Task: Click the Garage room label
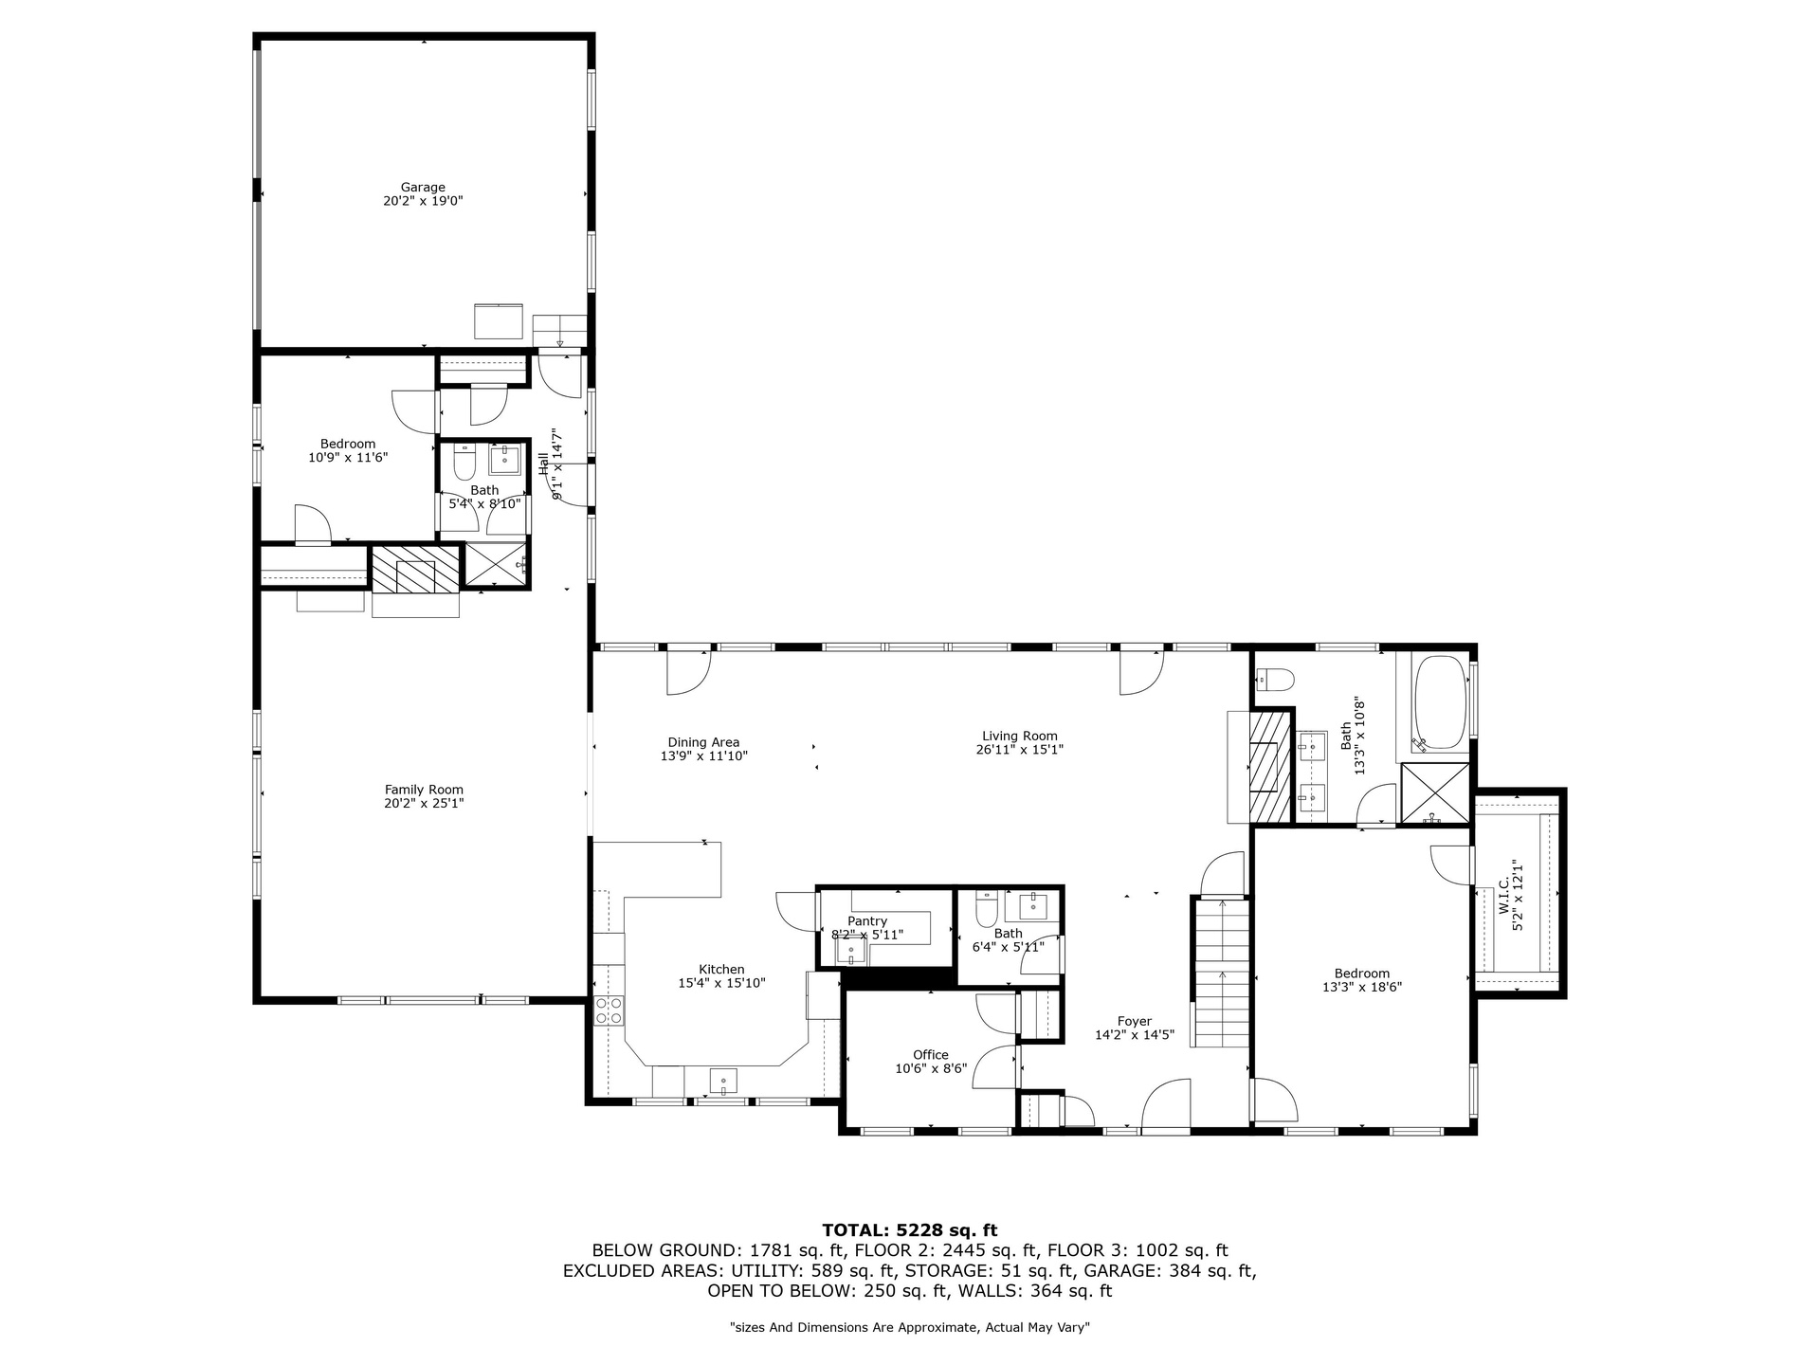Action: click(423, 188)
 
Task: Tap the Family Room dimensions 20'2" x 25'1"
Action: click(424, 803)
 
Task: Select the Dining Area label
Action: click(703, 742)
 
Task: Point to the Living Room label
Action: click(1020, 736)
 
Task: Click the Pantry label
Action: click(867, 921)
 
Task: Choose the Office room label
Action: click(931, 1055)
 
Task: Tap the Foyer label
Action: click(1135, 1022)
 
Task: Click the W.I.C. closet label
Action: click(1504, 896)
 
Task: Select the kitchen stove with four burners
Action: click(609, 1010)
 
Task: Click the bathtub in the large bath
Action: click(1440, 704)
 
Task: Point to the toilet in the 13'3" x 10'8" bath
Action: click(1275, 679)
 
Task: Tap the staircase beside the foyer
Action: click(1222, 973)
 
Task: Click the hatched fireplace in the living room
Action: click(1270, 766)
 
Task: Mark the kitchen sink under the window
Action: click(724, 1081)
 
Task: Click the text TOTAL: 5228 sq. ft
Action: click(910, 1230)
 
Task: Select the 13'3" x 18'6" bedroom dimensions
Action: click(1362, 987)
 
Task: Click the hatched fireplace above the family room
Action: click(415, 570)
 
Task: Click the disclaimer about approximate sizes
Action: click(910, 1328)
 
